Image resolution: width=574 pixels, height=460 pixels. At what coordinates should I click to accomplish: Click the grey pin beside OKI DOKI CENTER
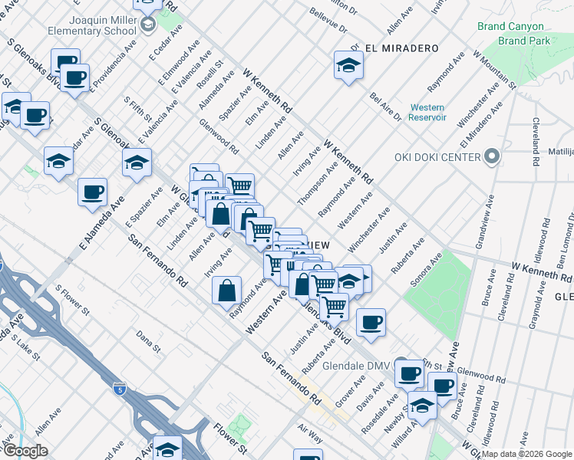click(x=493, y=158)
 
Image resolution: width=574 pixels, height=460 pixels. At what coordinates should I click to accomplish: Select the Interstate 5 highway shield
click(x=117, y=389)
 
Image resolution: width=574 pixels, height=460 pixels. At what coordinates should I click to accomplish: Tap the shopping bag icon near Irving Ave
click(x=228, y=291)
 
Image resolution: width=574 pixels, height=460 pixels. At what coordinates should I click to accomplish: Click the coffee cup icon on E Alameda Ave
click(x=92, y=192)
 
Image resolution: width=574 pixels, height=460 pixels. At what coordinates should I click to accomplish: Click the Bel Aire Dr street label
click(x=385, y=107)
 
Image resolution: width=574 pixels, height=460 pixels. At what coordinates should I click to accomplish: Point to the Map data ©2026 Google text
click(x=526, y=454)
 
